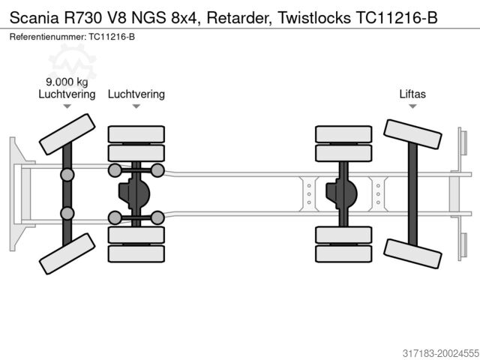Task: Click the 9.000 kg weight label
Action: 67,82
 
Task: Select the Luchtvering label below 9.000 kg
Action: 67,94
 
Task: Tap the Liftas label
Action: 412,94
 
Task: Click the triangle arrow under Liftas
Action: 412,106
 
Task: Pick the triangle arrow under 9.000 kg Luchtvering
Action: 67,106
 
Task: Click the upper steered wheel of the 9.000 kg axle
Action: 67,133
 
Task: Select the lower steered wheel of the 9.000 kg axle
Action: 67,253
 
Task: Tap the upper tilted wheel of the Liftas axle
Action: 412,133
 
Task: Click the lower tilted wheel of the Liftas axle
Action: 412,253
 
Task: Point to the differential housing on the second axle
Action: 136,194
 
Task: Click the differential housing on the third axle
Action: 343,194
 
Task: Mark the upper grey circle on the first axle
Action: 67,175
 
